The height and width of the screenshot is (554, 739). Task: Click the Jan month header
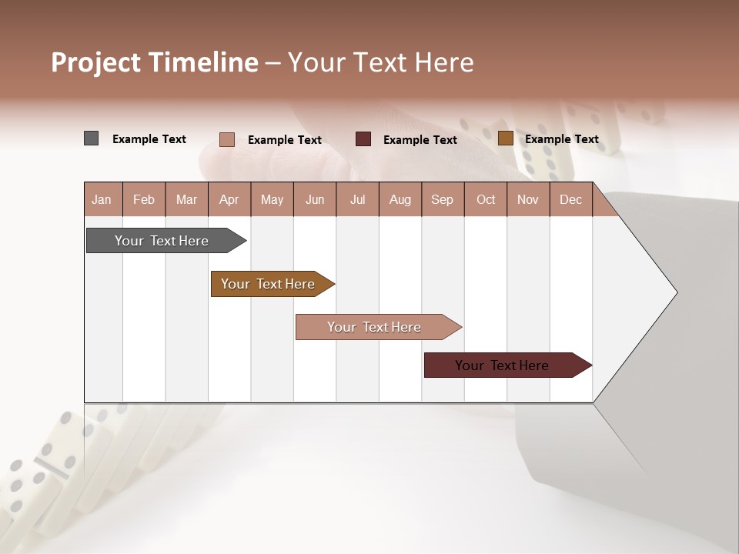click(102, 199)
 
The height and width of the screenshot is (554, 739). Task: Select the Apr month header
click(229, 199)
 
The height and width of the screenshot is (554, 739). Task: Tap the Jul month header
click(357, 199)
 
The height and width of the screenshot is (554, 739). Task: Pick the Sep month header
click(442, 199)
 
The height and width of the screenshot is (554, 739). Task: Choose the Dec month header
click(570, 199)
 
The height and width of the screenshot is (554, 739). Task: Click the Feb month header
click(144, 199)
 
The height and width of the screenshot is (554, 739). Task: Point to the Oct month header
click(486, 199)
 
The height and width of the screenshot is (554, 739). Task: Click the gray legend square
click(91, 138)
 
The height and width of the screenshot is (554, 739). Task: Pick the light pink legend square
click(226, 139)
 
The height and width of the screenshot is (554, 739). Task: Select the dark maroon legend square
click(363, 139)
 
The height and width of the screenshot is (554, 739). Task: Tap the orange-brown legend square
click(505, 138)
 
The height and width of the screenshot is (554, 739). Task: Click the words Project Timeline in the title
click(154, 62)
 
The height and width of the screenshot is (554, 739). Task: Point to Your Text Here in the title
click(380, 62)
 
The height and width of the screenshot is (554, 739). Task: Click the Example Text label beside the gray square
click(149, 139)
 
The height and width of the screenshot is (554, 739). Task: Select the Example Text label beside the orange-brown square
click(562, 139)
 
